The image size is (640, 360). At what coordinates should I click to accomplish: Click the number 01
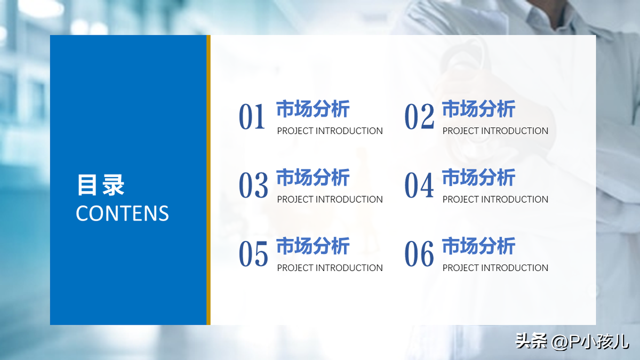pyautogui.click(x=252, y=116)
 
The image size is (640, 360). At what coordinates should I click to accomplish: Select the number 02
pyautogui.click(x=419, y=116)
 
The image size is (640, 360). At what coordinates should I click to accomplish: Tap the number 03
pyautogui.click(x=253, y=185)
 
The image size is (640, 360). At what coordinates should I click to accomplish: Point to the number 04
pyautogui.click(x=419, y=185)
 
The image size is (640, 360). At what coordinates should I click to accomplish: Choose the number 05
pyautogui.click(x=253, y=253)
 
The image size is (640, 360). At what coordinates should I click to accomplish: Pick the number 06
pyautogui.click(x=419, y=253)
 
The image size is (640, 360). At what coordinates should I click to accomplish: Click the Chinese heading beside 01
pyautogui.click(x=313, y=109)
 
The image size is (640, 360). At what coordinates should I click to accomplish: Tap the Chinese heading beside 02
pyautogui.click(x=478, y=109)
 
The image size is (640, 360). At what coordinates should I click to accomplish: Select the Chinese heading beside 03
pyautogui.click(x=313, y=178)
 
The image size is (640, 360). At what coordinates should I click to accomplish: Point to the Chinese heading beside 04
pyautogui.click(x=478, y=178)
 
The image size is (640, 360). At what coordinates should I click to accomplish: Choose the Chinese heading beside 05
pyautogui.click(x=313, y=246)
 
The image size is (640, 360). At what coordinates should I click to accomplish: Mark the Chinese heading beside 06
pyautogui.click(x=478, y=246)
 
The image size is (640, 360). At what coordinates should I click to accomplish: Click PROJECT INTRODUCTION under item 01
pyautogui.click(x=330, y=131)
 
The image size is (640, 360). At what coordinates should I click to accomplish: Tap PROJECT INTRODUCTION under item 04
pyautogui.click(x=495, y=199)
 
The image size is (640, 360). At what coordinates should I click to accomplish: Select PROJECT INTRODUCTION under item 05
pyautogui.click(x=330, y=268)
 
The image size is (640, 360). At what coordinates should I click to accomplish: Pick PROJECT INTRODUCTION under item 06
pyautogui.click(x=495, y=268)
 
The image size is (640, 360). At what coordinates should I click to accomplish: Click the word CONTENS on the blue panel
pyautogui.click(x=122, y=213)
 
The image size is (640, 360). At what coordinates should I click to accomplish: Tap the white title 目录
pyautogui.click(x=101, y=185)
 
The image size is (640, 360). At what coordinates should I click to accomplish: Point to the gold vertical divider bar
pyautogui.click(x=209, y=180)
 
